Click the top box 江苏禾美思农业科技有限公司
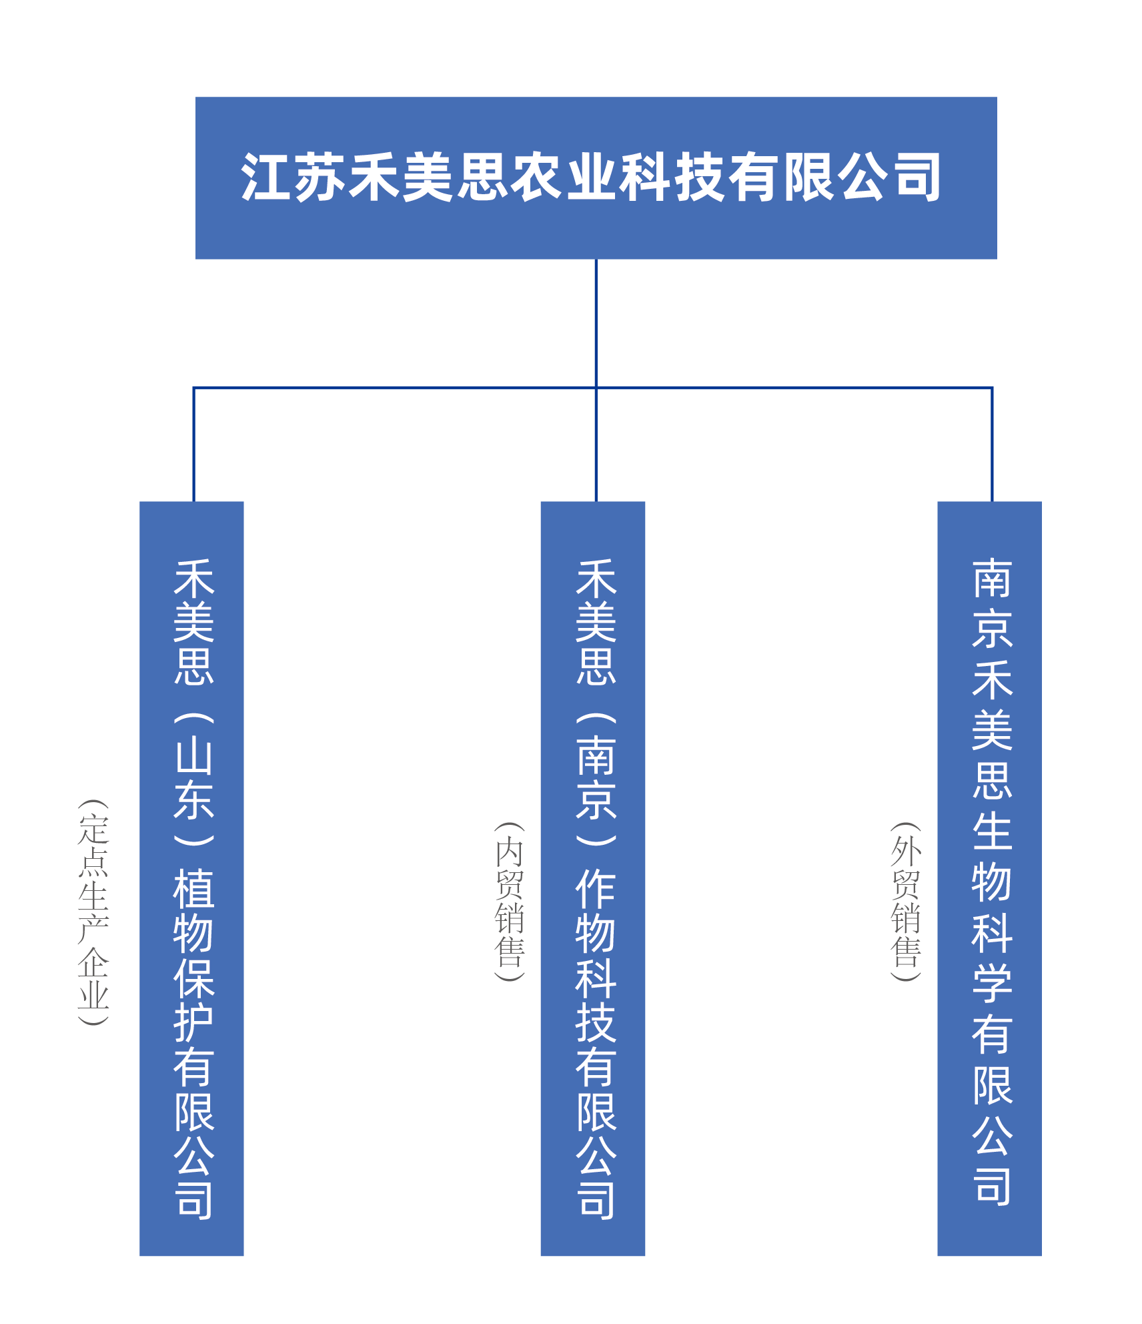click(x=596, y=178)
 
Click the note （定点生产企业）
click(x=93, y=912)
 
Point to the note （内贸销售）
click(x=510, y=902)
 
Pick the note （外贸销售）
click(x=906, y=902)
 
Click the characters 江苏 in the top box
click(x=294, y=178)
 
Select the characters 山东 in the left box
click(x=194, y=777)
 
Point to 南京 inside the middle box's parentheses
click(x=596, y=777)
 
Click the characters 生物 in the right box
click(x=992, y=856)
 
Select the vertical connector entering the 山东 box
click(x=193, y=444)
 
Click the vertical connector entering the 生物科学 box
click(x=992, y=444)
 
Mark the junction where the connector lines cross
click(x=596, y=388)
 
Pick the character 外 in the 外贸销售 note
click(x=906, y=852)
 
